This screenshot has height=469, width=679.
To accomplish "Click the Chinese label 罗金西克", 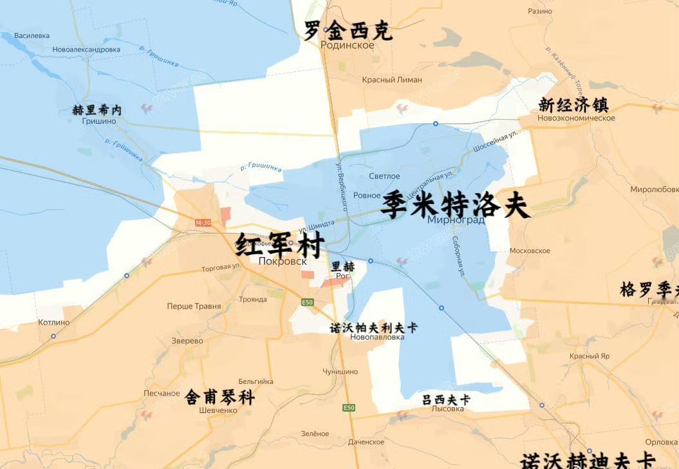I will coord(348,30).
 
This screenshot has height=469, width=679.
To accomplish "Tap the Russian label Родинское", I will coord(347,45).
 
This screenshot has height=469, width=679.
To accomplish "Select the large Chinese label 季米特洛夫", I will coord(455,206).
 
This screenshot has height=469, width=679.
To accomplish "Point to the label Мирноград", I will coord(456,220).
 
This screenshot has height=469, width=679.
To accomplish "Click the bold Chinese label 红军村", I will coord(279,245).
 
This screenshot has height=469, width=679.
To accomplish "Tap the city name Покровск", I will coord(282,262).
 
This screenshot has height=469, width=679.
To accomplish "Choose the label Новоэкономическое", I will coord(577,118).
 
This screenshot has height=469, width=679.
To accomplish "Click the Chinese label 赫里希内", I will coord(97,110).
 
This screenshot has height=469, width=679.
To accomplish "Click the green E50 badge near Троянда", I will coord(308,302).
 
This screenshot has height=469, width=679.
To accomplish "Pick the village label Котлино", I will coord(53,322).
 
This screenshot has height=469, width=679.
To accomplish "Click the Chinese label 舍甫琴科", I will coord(219,397).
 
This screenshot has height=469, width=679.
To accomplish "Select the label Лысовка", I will coord(447,409).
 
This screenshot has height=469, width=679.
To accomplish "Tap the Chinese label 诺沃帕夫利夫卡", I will coord(373,327).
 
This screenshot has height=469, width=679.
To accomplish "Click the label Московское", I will coord(530,251).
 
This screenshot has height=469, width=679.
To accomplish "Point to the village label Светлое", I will coord(384,177).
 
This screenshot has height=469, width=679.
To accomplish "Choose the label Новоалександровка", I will coord(86,50).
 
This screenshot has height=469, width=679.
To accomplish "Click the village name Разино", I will coord(540,11).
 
